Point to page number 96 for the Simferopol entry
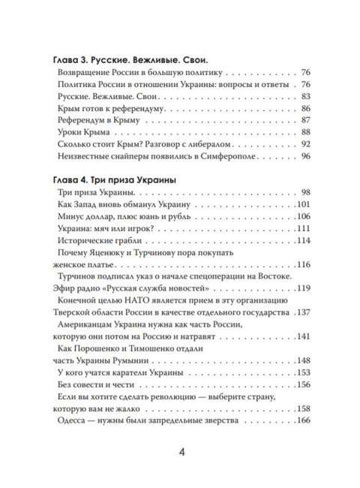305,157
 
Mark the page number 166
303,422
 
